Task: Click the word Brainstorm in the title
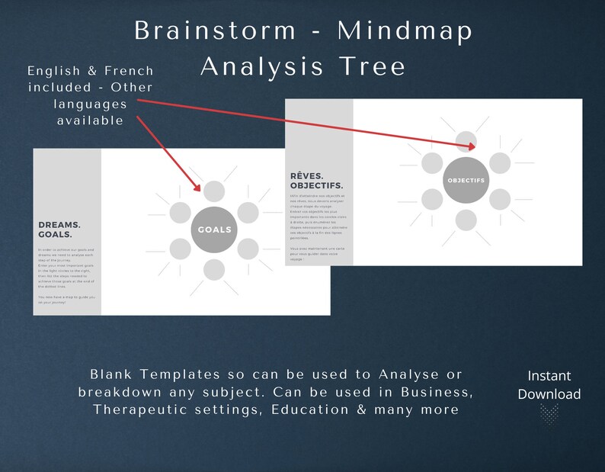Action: coord(215,31)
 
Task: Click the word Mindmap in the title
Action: coord(405,31)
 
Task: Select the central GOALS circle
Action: coord(214,230)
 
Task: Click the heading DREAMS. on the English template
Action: coord(59,225)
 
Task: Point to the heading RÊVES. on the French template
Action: coord(306,175)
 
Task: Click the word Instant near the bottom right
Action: coord(549,375)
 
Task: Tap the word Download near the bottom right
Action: coord(549,393)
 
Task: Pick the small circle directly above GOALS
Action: coord(214,191)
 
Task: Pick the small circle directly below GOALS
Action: coord(214,268)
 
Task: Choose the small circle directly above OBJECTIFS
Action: coord(465,142)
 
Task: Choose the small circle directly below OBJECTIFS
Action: coord(465,220)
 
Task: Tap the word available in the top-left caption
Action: coord(90,120)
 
